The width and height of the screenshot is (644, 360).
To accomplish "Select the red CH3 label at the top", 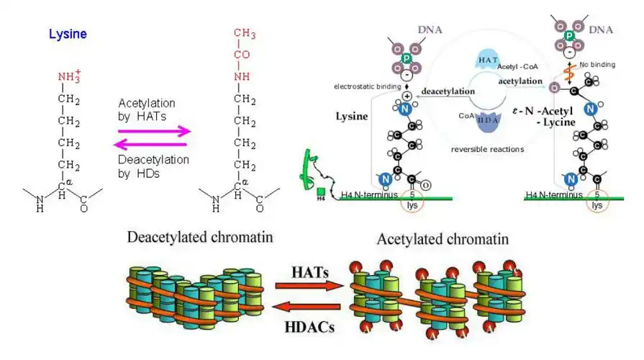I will click(x=245, y=35).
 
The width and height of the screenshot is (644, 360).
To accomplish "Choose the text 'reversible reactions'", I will click(x=486, y=150).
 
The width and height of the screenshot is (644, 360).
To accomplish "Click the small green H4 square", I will click(x=321, y=192).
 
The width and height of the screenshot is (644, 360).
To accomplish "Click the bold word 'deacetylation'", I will click(x=448, y=92).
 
